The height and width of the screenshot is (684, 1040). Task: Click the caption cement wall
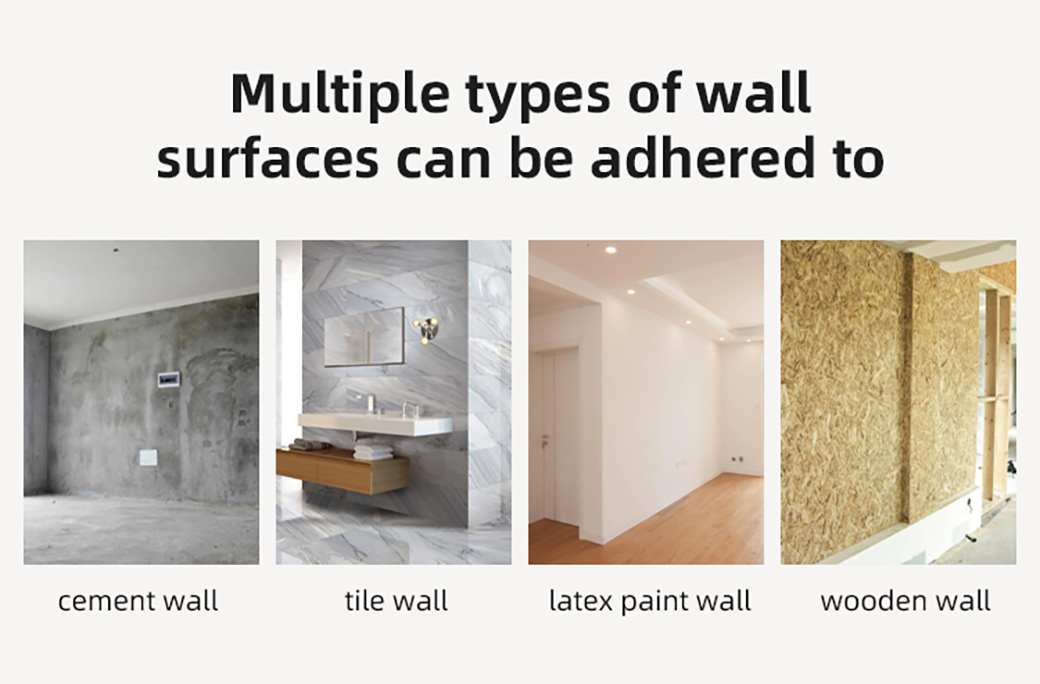(138, 601)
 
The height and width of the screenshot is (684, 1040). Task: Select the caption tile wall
(396, 600)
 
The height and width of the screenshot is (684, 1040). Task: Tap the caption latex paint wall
(650, 602)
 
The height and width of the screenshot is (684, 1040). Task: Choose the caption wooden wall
(905, 601)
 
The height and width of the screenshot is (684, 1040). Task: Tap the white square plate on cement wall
(149, 457)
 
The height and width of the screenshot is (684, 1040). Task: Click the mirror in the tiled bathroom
(364, 336)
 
